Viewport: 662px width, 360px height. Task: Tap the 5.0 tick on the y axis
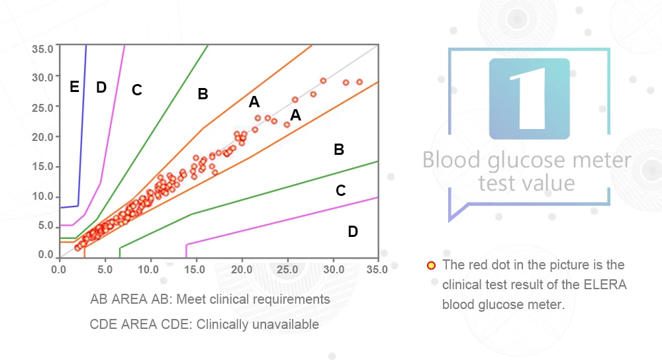click(x=46, y=225)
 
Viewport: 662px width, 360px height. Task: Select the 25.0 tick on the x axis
click(x=287, y=269)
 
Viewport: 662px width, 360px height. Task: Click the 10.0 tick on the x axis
click(x=150, y=269)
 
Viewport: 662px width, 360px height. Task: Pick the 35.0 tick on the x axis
click(x=377, y=269)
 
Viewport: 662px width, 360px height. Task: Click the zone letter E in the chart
click(x=74, y=87)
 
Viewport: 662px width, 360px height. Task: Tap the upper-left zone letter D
click(x=101, y=87)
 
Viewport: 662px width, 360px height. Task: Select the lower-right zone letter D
click(x=353, y=232)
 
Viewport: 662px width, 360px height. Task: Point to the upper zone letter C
click(x=136, y=90)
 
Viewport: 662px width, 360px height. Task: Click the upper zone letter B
click(x=203, y=94)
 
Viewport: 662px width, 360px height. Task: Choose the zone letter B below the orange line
click(x=338, y=150)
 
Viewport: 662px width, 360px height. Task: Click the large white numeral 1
click(x=530, y=100)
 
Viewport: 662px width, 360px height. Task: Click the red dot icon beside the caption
click(x=430, y=266)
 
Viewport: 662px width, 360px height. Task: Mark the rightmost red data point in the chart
click(x=359, y=82)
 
